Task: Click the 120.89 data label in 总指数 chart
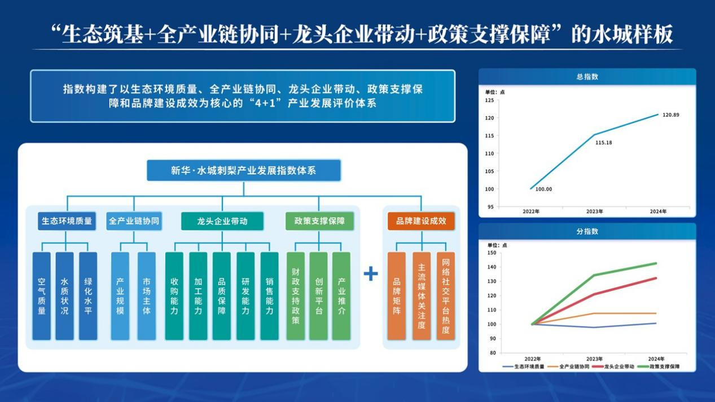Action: (670, 115)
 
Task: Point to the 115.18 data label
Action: (603, 143)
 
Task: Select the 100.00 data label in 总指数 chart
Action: (543, 189)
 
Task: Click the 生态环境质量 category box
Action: (67, 221)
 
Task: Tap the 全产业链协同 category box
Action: (134, 221)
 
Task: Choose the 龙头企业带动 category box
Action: (222, 221)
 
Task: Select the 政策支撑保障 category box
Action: (319, 221)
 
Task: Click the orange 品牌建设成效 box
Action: (421, 221)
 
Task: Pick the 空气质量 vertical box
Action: (42, 296)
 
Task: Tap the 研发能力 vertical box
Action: (245, 296)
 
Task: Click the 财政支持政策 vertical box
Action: (295, 296)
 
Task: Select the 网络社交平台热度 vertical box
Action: (445, 296)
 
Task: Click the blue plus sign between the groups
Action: (371, 274)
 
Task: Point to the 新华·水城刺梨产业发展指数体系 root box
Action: (244, 170)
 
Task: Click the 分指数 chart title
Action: (587, 231)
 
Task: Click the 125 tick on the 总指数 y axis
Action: (489, 100)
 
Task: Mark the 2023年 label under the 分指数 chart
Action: (594, 359)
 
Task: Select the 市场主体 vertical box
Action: (146, 296)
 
